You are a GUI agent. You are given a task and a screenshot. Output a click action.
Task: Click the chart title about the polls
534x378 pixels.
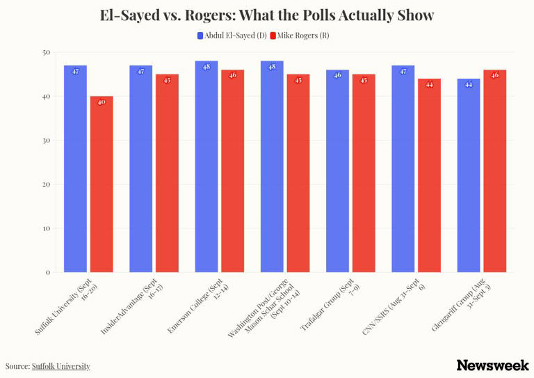267,15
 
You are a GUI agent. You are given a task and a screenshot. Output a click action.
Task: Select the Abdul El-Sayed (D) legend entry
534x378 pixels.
232,36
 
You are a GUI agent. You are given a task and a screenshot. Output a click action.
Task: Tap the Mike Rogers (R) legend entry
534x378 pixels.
300,36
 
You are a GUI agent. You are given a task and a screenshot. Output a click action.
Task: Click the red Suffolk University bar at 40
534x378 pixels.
102,184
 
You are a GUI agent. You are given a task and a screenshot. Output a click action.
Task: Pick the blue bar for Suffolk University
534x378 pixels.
75,168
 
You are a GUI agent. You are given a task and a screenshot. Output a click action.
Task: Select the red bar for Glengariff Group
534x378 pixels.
495,171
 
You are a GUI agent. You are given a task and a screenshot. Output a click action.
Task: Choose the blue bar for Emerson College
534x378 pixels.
207,166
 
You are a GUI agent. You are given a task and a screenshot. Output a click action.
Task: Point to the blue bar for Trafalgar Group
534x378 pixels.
337,171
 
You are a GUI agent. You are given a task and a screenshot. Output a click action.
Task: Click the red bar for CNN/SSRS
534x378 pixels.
429,175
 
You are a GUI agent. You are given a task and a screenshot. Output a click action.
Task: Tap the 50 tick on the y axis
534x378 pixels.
46,52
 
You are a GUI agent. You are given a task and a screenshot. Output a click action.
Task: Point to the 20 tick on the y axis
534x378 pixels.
46,184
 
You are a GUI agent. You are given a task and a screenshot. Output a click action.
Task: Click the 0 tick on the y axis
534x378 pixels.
48,272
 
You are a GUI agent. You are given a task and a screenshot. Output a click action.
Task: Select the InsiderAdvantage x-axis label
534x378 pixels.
133,306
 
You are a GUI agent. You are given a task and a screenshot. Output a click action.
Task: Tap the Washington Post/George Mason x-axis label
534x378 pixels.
264,308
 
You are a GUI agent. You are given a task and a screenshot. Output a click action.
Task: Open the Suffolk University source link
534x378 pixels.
61,366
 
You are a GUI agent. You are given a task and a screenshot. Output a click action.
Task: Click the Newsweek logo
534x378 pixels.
493,365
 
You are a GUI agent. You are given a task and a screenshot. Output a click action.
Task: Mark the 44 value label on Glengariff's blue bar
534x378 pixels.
469,84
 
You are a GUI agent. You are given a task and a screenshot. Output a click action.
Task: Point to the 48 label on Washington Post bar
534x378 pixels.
272,67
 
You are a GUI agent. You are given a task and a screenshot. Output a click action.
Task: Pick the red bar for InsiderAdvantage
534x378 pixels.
167,173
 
